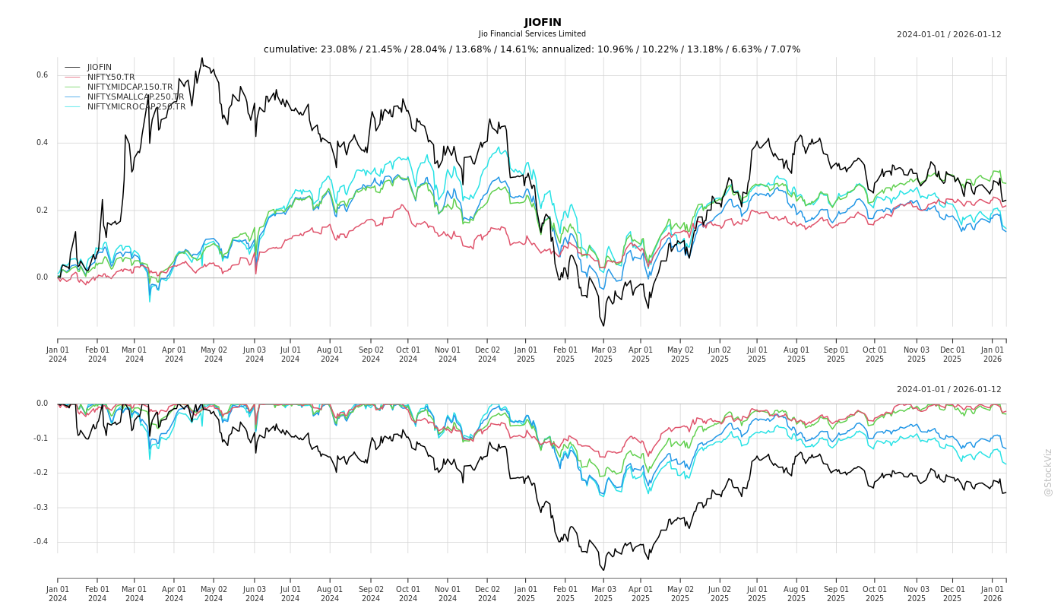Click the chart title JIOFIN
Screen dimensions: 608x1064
pyautogui.click(x=543, y=22)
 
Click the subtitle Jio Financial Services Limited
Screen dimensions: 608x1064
pyautogui.click(x=532, y=34)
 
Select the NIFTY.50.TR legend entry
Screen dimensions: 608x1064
pyautogui.click(x=111, y=78)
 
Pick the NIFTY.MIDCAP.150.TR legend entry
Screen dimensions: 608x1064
pyautogui.click(x=130, y=87)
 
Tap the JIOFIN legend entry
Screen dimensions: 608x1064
pyautogui.click(x=99, y=68)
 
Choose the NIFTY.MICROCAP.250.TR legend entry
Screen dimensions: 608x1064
pyautogui.click(x=136, y=107)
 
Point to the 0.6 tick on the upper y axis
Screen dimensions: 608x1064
pyautogui.click(x=43, y=75)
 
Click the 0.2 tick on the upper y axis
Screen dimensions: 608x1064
pyautogui.click(x=43, y=211)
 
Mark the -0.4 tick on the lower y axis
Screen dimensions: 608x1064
pyautogui.click(x=40, y=542)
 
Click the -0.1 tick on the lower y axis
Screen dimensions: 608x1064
pyautogui.click(x=40, y=439)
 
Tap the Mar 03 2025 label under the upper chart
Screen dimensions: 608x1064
pyautogui.click(x=603, y=354)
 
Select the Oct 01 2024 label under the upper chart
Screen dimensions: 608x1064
pyautogui.click(x=408, y=354)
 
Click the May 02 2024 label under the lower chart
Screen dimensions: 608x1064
pyautogui.click(x=214, y=594)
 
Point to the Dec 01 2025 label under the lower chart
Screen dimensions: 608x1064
pyautogui.click(x=952, y=594)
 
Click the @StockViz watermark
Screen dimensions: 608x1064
pyautogui.click(x=1048, y=472)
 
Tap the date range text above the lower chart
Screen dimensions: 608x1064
pyautogui.click(x=948, y=390)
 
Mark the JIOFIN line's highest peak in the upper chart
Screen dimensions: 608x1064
pyautogui.click(x=202, y=58)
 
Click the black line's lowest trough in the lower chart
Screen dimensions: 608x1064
pyautogui.click(x=603, y=570)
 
